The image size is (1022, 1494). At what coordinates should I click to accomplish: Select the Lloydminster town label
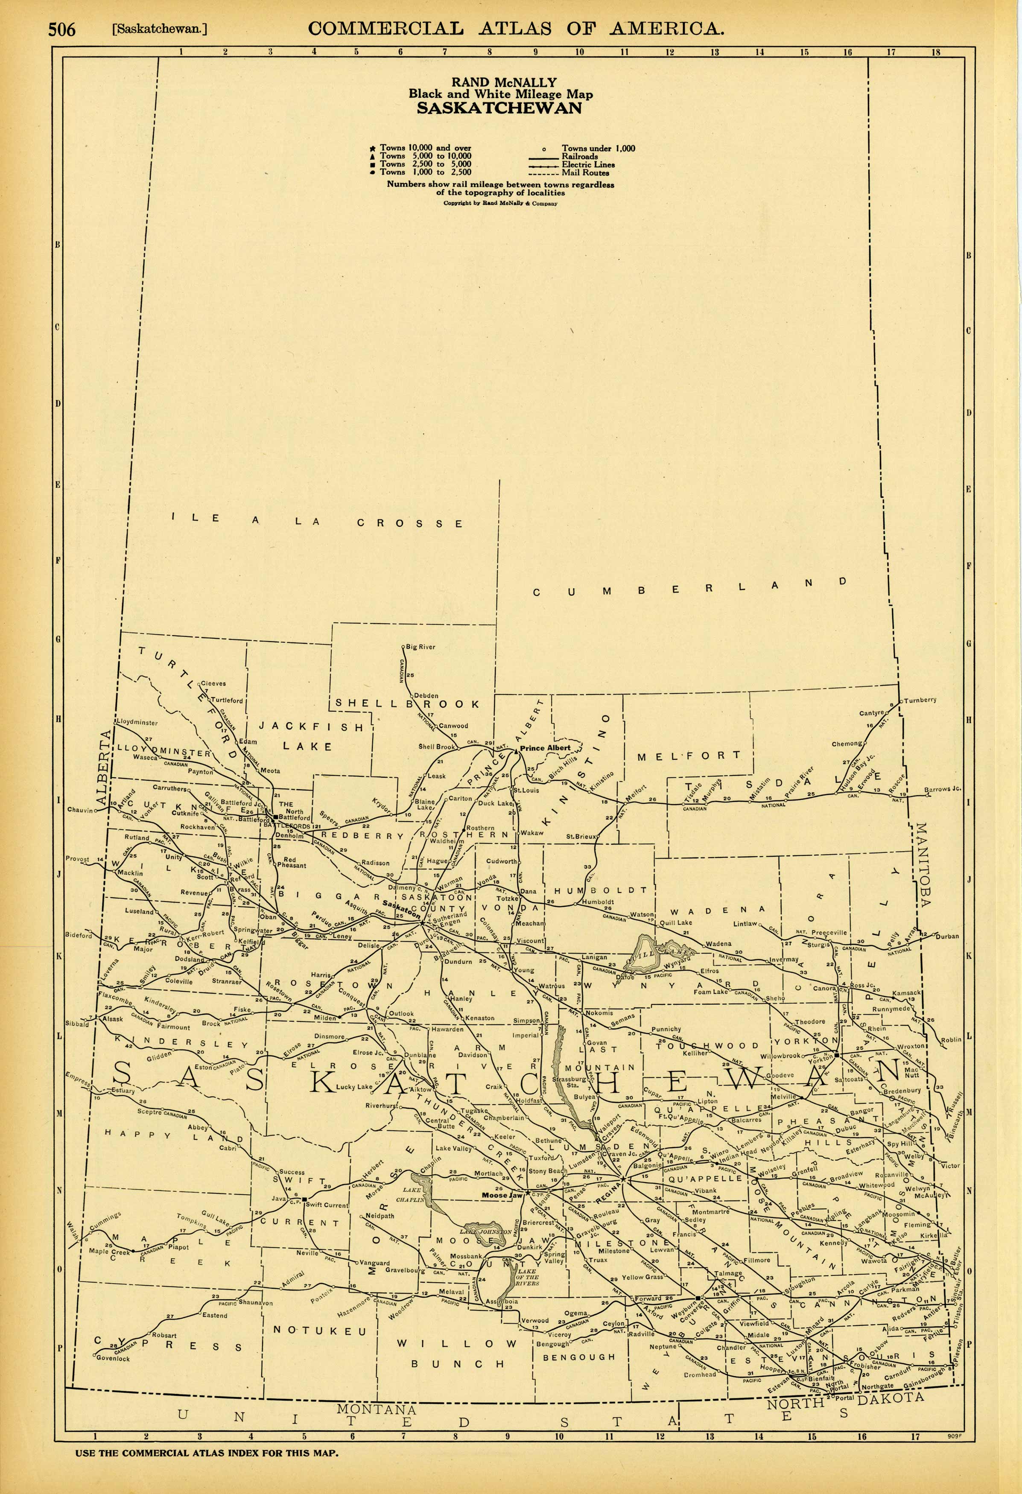137,723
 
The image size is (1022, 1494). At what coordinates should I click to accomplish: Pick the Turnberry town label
920,700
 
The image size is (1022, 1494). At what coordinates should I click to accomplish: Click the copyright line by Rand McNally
499,203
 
